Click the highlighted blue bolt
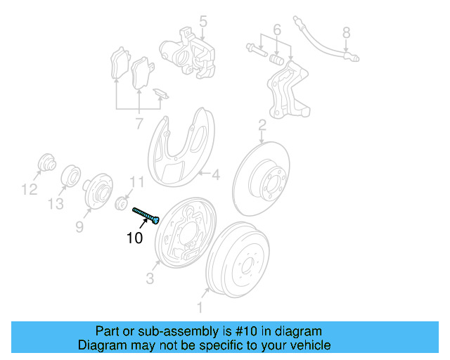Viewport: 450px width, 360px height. [x=146, y=214]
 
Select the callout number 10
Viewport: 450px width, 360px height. [x=134, y=238]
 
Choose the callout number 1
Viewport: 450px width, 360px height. [x=200, y=307]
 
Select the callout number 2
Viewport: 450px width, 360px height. [x=262, y=126]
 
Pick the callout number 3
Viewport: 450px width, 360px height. [x=150, y=279]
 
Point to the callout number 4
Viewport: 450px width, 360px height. [x=216, y=174]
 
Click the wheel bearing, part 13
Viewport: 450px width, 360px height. [x=71, y=176]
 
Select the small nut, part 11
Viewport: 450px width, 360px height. [x=121, y=204]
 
